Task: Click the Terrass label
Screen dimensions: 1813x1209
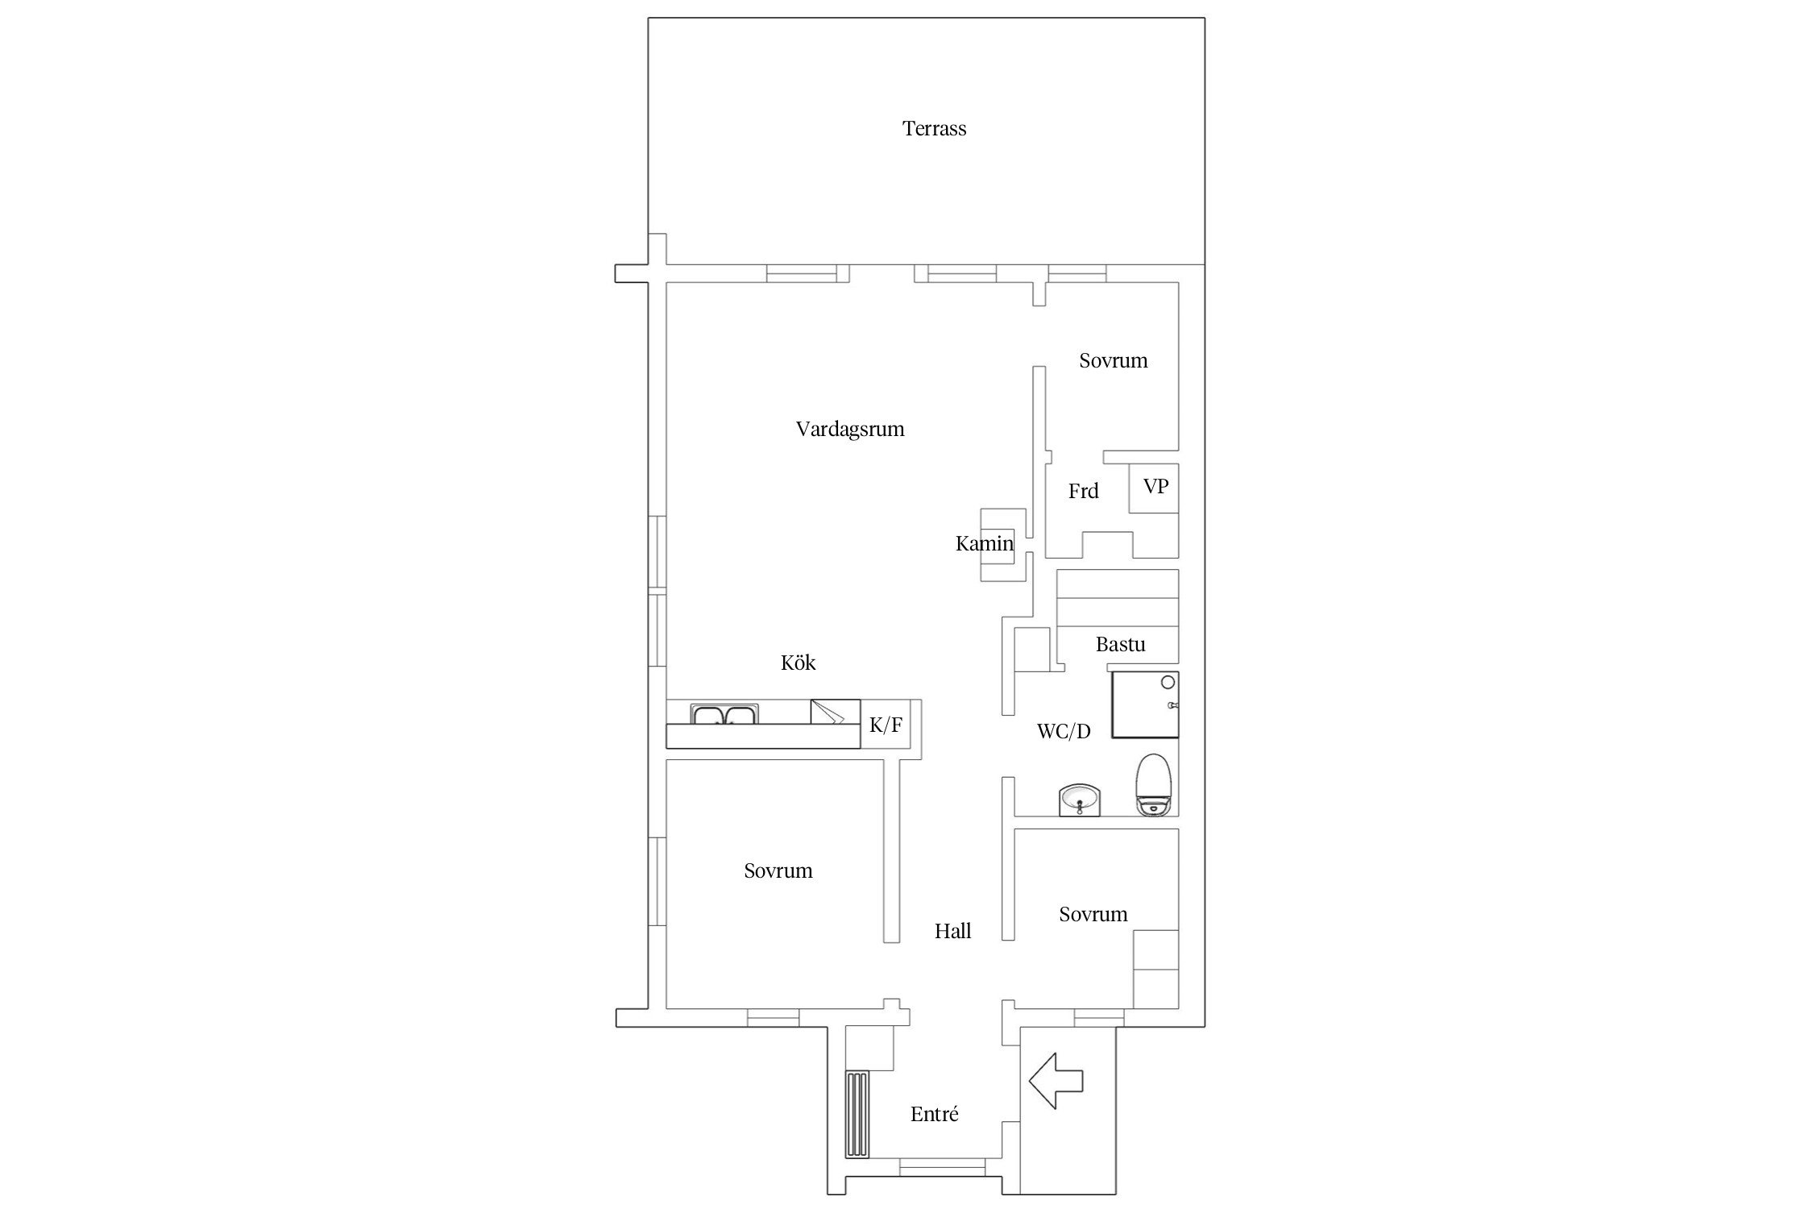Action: click(934, 129)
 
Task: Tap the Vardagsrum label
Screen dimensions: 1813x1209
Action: click(850, 430)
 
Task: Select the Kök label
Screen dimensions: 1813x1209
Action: click(798, 663)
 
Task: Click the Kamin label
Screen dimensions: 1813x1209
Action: click(984, 544)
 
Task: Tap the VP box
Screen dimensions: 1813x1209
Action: click(1154, 488)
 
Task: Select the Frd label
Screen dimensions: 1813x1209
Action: click(1083, 491)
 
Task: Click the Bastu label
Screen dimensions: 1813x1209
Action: click(1120, 645)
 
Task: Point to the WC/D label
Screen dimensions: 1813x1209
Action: click(1064, 732)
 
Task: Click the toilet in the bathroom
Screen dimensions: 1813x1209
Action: click(1153, 786)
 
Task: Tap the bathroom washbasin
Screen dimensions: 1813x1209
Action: click(1079, 800)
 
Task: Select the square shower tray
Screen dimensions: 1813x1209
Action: click(1145, 704)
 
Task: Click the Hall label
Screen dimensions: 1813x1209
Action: click(952, 932)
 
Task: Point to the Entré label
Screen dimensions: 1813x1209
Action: click(935, 1115)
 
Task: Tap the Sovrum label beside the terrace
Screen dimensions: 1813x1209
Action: click(1114, 361)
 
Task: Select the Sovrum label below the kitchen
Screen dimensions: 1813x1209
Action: click(778, 871)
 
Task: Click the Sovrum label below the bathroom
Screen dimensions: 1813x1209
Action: click(1093, 915)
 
